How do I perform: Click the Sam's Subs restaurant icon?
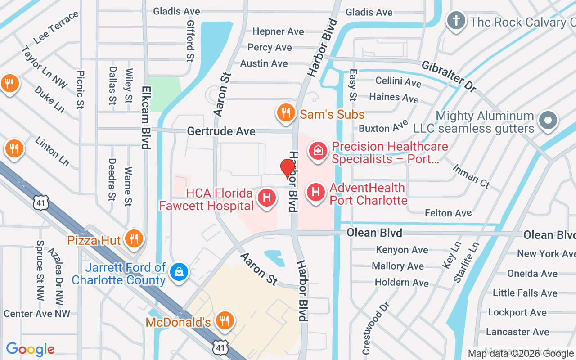click(x=286, y=113)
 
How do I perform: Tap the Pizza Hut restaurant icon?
click(x=133, y=238)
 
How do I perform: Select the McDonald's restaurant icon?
click(x=224, y=321)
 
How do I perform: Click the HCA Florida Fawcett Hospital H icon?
click(x=266, y=198)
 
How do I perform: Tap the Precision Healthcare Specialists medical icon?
click(x=318, y=151)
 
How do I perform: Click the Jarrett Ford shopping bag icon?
click(x=179, y=272)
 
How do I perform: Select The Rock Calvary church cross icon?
click(x=456, y=21)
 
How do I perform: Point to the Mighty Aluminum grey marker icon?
click(x=548, y=121)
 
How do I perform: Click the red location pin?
click(x=287, y=168)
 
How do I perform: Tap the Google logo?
click(x=30, y=349)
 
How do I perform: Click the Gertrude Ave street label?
click(x=221, y=131)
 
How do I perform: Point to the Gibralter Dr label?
click(x=449, y=76)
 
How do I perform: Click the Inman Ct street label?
click(x=471, y=176)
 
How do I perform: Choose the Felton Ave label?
click(x=448, y=213)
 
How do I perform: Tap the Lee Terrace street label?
click(x=56, y=27)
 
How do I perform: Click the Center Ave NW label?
click(x=37, y=314)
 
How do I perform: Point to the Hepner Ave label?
click(x=278, y=31)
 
